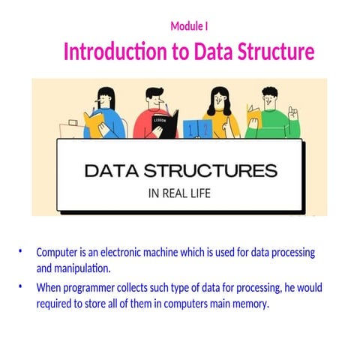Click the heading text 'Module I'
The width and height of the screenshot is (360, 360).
coord(189,27)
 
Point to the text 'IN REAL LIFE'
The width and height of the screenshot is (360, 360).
coord(179,193)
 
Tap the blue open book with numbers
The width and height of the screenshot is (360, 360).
coord(196,128)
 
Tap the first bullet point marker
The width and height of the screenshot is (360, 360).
coord(21,250)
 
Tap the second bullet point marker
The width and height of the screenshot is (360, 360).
coord(21,286)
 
